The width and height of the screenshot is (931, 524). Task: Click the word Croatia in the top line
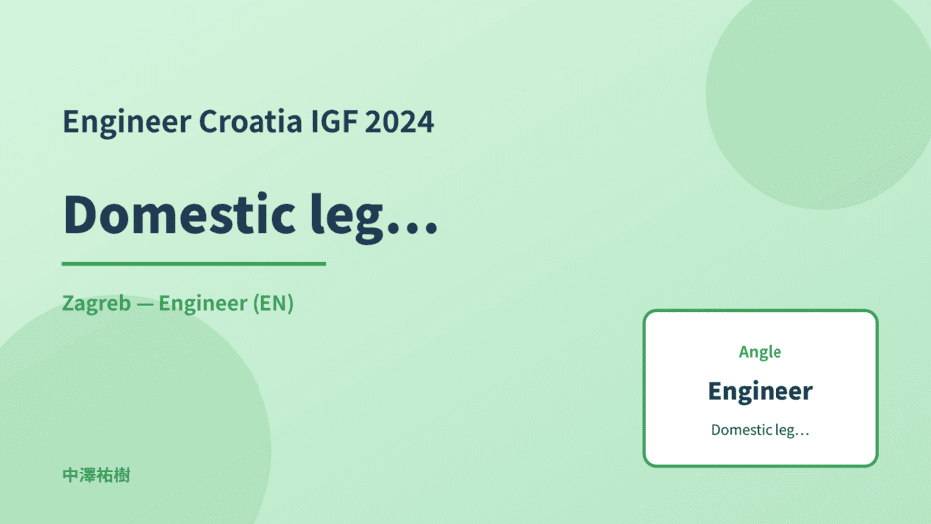250,121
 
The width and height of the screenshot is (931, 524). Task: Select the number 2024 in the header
399,122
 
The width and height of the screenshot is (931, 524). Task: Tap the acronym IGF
334,122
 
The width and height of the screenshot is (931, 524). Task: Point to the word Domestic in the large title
179,214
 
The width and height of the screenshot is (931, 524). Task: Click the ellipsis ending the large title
411,227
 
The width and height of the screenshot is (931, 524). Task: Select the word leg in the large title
347,218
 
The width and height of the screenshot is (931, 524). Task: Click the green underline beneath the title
194,263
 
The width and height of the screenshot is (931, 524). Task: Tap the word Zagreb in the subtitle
96,303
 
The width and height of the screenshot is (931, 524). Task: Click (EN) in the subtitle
273,303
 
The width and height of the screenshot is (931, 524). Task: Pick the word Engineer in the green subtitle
203,304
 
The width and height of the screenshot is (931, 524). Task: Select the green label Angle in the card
760,352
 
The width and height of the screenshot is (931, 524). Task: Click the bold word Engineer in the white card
760,391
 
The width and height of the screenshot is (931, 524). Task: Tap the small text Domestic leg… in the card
760,430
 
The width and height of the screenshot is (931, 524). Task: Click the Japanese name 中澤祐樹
96,475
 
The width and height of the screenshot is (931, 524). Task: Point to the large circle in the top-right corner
819,95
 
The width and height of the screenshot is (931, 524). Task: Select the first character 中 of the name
71,475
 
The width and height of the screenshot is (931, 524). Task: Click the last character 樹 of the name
122,475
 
